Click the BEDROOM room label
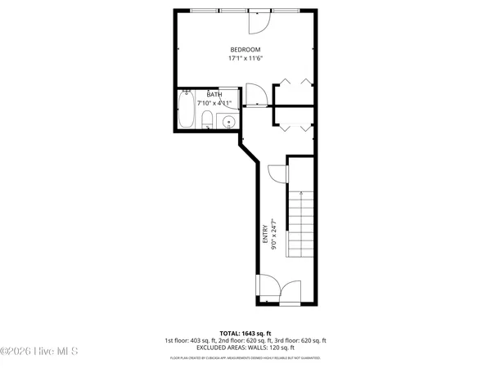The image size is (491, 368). tap(245, 49)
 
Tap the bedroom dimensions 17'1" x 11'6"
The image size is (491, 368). tap(245, 58)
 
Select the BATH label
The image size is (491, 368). tap(214, 95)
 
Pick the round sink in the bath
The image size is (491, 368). tap(228, 122)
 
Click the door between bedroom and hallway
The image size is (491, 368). tap(255, 96)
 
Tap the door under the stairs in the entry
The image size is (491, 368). tap(277, 173)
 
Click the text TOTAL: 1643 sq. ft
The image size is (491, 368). tap(245, 333)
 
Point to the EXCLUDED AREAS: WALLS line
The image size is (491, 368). tap(245, 347)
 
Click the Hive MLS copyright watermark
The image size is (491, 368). tap(39, 352)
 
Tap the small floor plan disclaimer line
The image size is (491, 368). tap(245, 358)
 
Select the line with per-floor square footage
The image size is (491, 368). tap(245, 340)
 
